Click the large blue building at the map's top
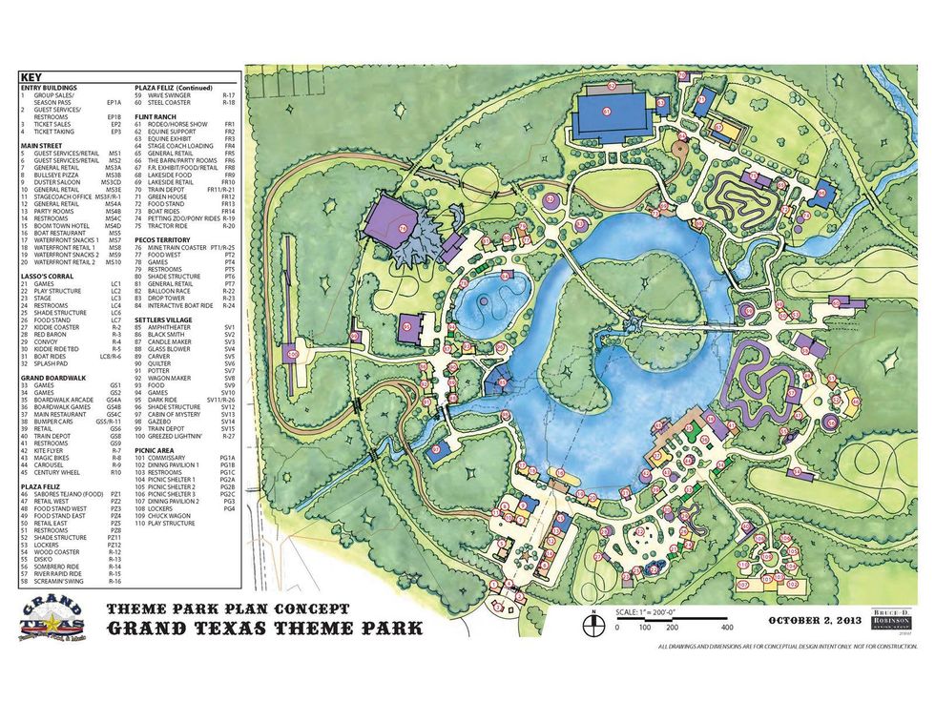point(610,114)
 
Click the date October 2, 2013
point(815,621)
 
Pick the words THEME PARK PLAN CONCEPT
point(227,608)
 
